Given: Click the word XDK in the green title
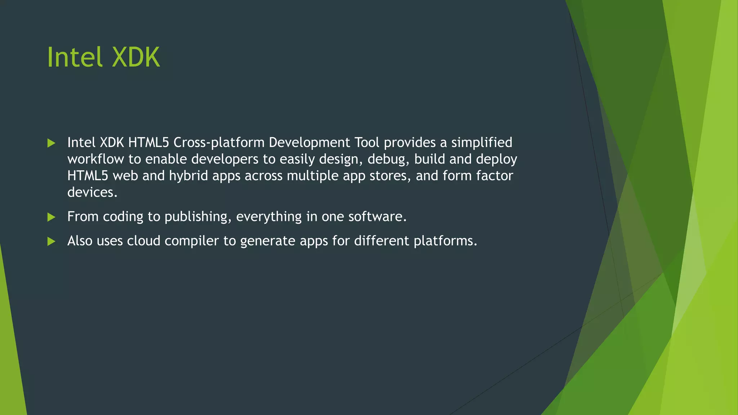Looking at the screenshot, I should [136, 57].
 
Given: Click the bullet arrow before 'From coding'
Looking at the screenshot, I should [51, 217].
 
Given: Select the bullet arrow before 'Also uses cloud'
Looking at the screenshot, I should [51, 241].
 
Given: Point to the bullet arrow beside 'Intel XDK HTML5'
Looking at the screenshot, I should [51, 143].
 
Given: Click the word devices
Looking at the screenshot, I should [92, 192].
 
